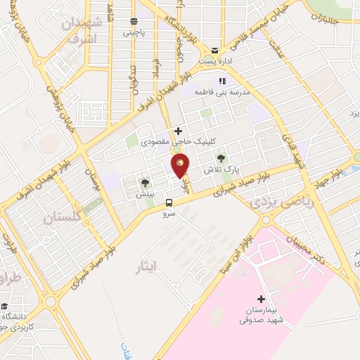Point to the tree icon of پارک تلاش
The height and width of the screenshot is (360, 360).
pyautogui.click(x=222, y=158)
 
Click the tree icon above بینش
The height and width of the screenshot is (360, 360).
pyautogui.click(x=145, y=183)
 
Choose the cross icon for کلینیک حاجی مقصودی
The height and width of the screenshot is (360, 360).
pyautogui.click(x=179, y=131)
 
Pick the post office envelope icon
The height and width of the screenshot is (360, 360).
pyautogui.click(x=214, y=51)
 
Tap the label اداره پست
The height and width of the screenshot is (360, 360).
pyautogui.click(x=214, y=62)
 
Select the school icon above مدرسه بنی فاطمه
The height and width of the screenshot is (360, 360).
pyautogui.click(x=223, y=80)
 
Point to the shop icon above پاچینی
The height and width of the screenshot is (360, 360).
pyautogui.click(x=134, y=21)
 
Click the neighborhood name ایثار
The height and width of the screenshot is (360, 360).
pyautogui.click(x=148, y=266)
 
